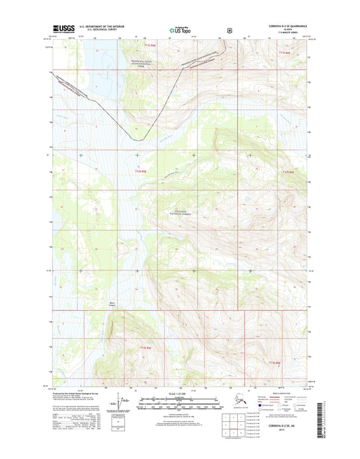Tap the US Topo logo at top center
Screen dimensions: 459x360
tap(178, 30)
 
